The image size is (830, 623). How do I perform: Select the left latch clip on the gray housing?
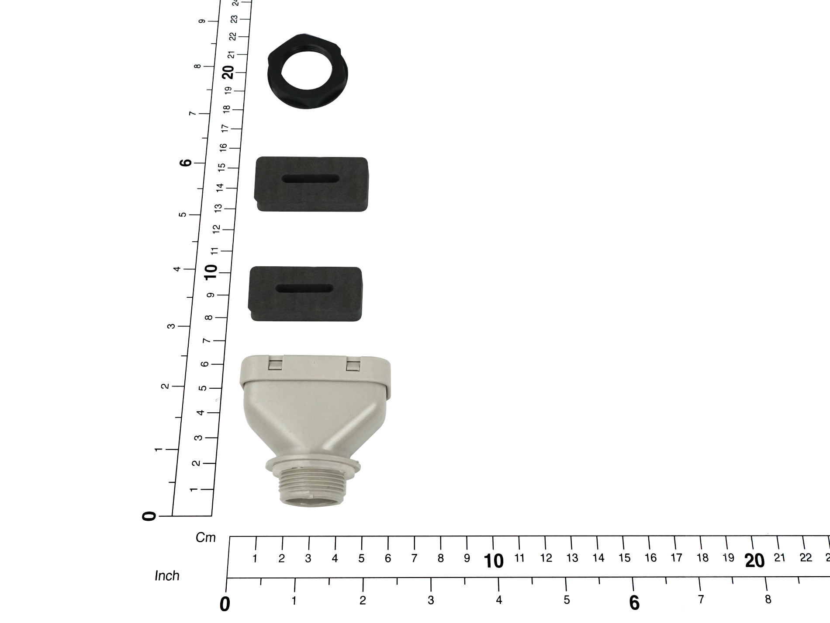[275, 365]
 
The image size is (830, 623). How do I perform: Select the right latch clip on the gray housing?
[353, 365]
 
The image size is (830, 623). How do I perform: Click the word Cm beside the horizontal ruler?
[206, 538]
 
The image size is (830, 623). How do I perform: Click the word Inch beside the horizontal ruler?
[167, 576]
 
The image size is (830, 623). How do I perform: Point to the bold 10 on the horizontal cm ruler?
[494, 561]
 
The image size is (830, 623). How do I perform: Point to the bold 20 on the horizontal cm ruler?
[755, 561]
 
